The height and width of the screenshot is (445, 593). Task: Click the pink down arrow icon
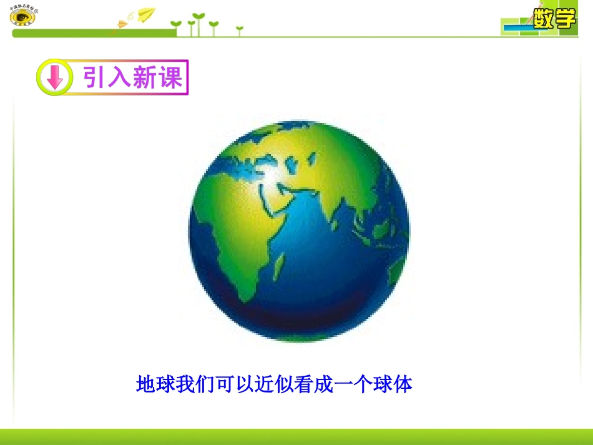(x=54, y=78)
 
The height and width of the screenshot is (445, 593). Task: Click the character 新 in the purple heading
(x=145, y=78)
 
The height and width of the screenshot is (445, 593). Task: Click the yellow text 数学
(x=554, y=19)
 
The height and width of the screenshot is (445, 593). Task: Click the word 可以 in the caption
(x=232, y=384)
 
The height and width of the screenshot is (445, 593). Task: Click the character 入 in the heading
(x=121, y=78)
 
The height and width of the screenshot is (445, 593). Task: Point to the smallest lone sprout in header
(x=239, y=29)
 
